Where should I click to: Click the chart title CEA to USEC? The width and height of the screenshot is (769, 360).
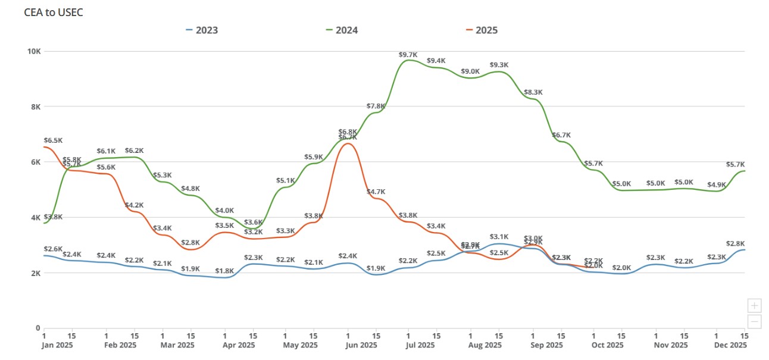pyautogui.click(x=54, y=12)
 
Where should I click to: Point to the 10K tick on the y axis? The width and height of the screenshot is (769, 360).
pyautogui.click(x=33, y=51)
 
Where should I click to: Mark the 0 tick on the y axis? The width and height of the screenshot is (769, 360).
pyautogui.click(x=37, y=328)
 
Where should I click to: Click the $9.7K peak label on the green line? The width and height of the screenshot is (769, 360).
pyautogui.click(x=408, y=55)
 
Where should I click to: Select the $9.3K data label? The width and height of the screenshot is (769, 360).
pyautogui.click(x=499, y=65)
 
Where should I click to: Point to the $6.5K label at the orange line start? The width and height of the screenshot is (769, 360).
pyautogui.click(x=53, y=140)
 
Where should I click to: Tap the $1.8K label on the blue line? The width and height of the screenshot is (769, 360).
pyautogui.click(x=224, y=271)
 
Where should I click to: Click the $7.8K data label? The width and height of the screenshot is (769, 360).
pyautogui.click(x=376, y=107)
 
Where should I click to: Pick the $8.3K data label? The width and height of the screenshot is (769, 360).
pyautogui.click(x=533, y=92)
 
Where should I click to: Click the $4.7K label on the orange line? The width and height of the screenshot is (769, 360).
pyautogui.click(x=376, y=192)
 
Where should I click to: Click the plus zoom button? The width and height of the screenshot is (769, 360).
pyautogui.click(x=754, y=306)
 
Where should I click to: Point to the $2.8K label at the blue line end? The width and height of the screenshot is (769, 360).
pyautogui.click(x=736, y=244)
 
